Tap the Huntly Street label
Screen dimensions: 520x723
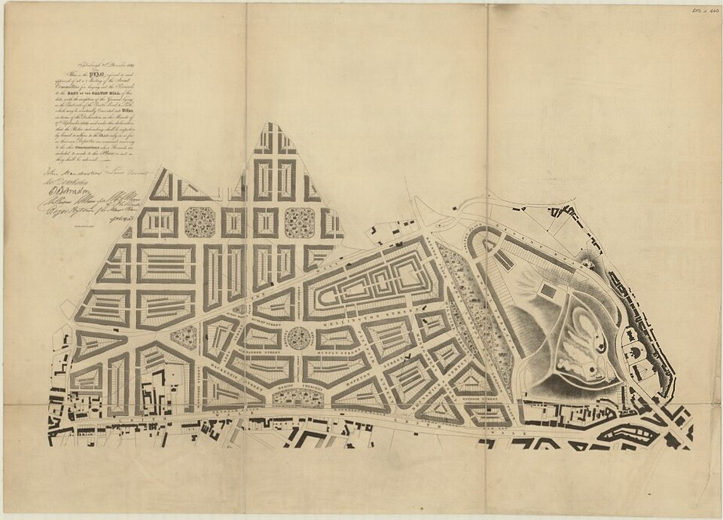coord(337,352)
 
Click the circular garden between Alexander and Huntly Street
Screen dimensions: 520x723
coord(300,337)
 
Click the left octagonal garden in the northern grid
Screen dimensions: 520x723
coord(200,222)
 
